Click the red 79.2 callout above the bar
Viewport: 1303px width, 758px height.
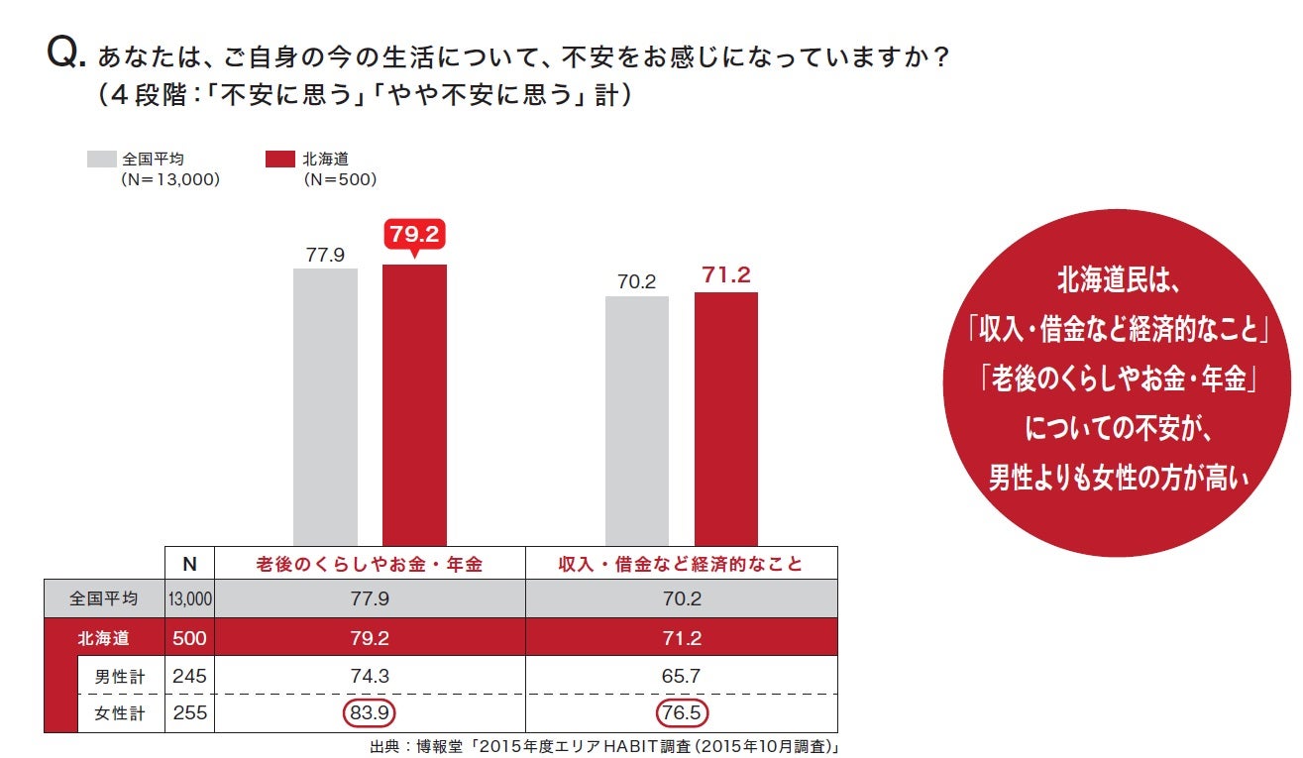coord(414,236)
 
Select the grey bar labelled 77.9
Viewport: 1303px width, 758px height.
coord(325,406)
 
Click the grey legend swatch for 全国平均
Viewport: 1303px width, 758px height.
coord(102,159)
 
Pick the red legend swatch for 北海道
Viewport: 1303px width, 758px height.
coord(280,159)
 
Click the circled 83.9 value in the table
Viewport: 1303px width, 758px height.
coord(369,712)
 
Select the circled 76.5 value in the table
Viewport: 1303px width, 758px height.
coord(681,712)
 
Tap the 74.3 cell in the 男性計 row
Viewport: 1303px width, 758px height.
coord(369,675)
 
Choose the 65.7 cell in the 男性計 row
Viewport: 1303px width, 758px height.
coord(681,675)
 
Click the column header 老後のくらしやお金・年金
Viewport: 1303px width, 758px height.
coord(369,564)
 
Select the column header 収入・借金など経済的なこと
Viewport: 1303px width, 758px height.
coord(681,564)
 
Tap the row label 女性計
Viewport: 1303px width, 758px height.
coord(120,712)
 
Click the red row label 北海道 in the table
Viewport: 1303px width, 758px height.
coord(103,638)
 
